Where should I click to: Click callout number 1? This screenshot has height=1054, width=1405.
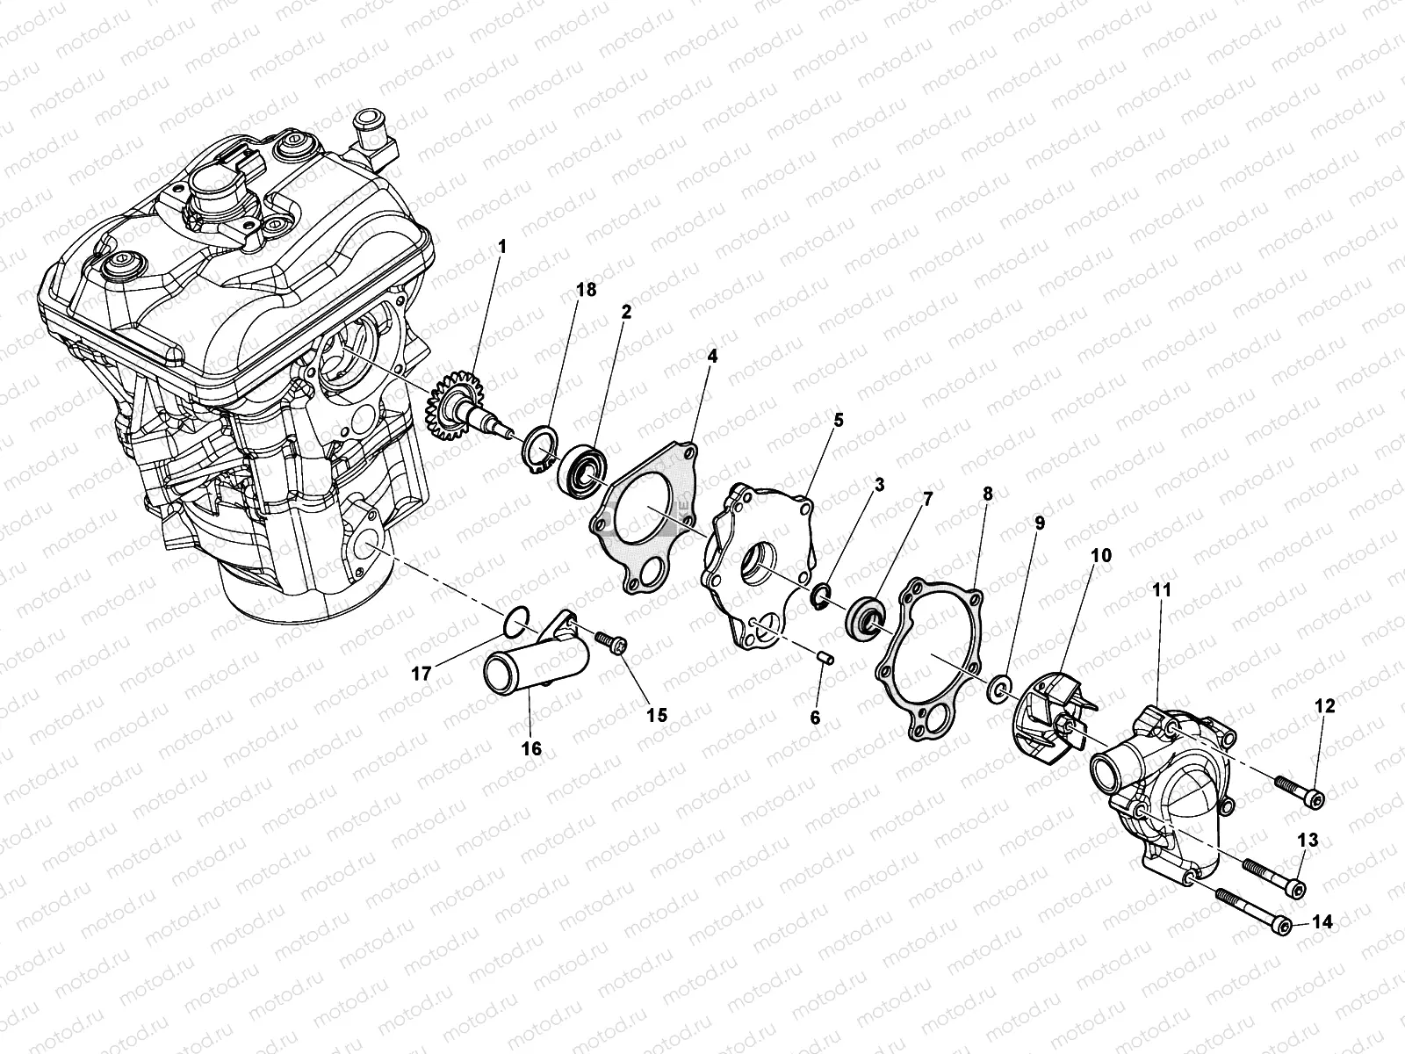[502, 248]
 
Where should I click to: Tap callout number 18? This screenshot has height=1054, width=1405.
[586, 290]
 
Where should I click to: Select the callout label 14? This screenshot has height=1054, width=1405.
[1322, 922]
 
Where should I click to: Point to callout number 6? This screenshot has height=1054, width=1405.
[815, 718]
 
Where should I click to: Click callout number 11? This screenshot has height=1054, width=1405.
[1162, 591]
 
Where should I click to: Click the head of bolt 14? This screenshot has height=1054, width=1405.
[1284, 925]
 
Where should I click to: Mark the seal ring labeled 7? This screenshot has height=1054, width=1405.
[862, 617]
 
